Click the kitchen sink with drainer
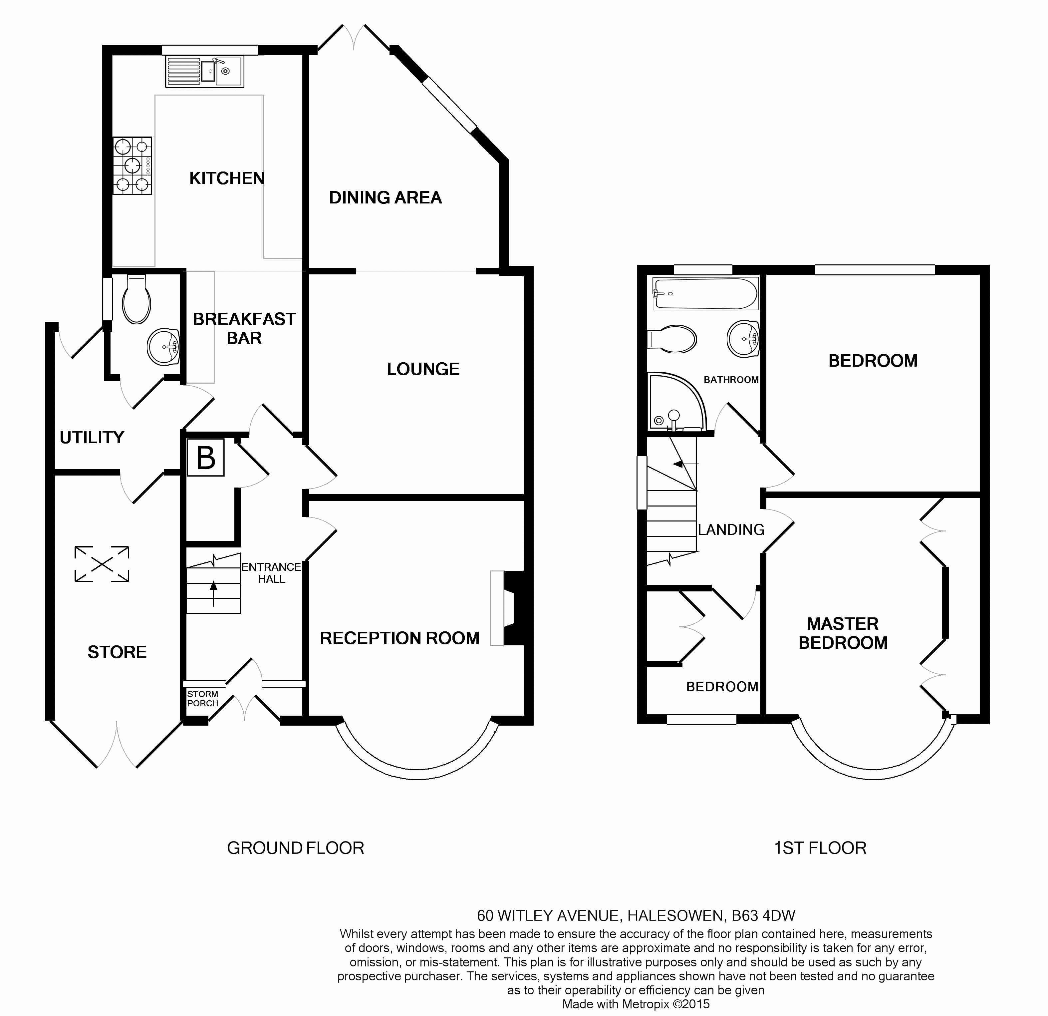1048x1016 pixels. coord(204,71)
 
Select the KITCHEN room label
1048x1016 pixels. coord(227,178)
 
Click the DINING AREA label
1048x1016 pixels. coord(385,198)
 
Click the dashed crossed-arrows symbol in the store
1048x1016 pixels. coord(102,564)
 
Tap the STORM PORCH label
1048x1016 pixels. coord(202,698)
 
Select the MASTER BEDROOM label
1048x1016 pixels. coord(843,633)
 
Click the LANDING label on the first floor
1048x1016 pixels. coord(731,529)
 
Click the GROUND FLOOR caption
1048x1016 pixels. coord(295,847)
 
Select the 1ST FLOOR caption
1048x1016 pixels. coord(820,847)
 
